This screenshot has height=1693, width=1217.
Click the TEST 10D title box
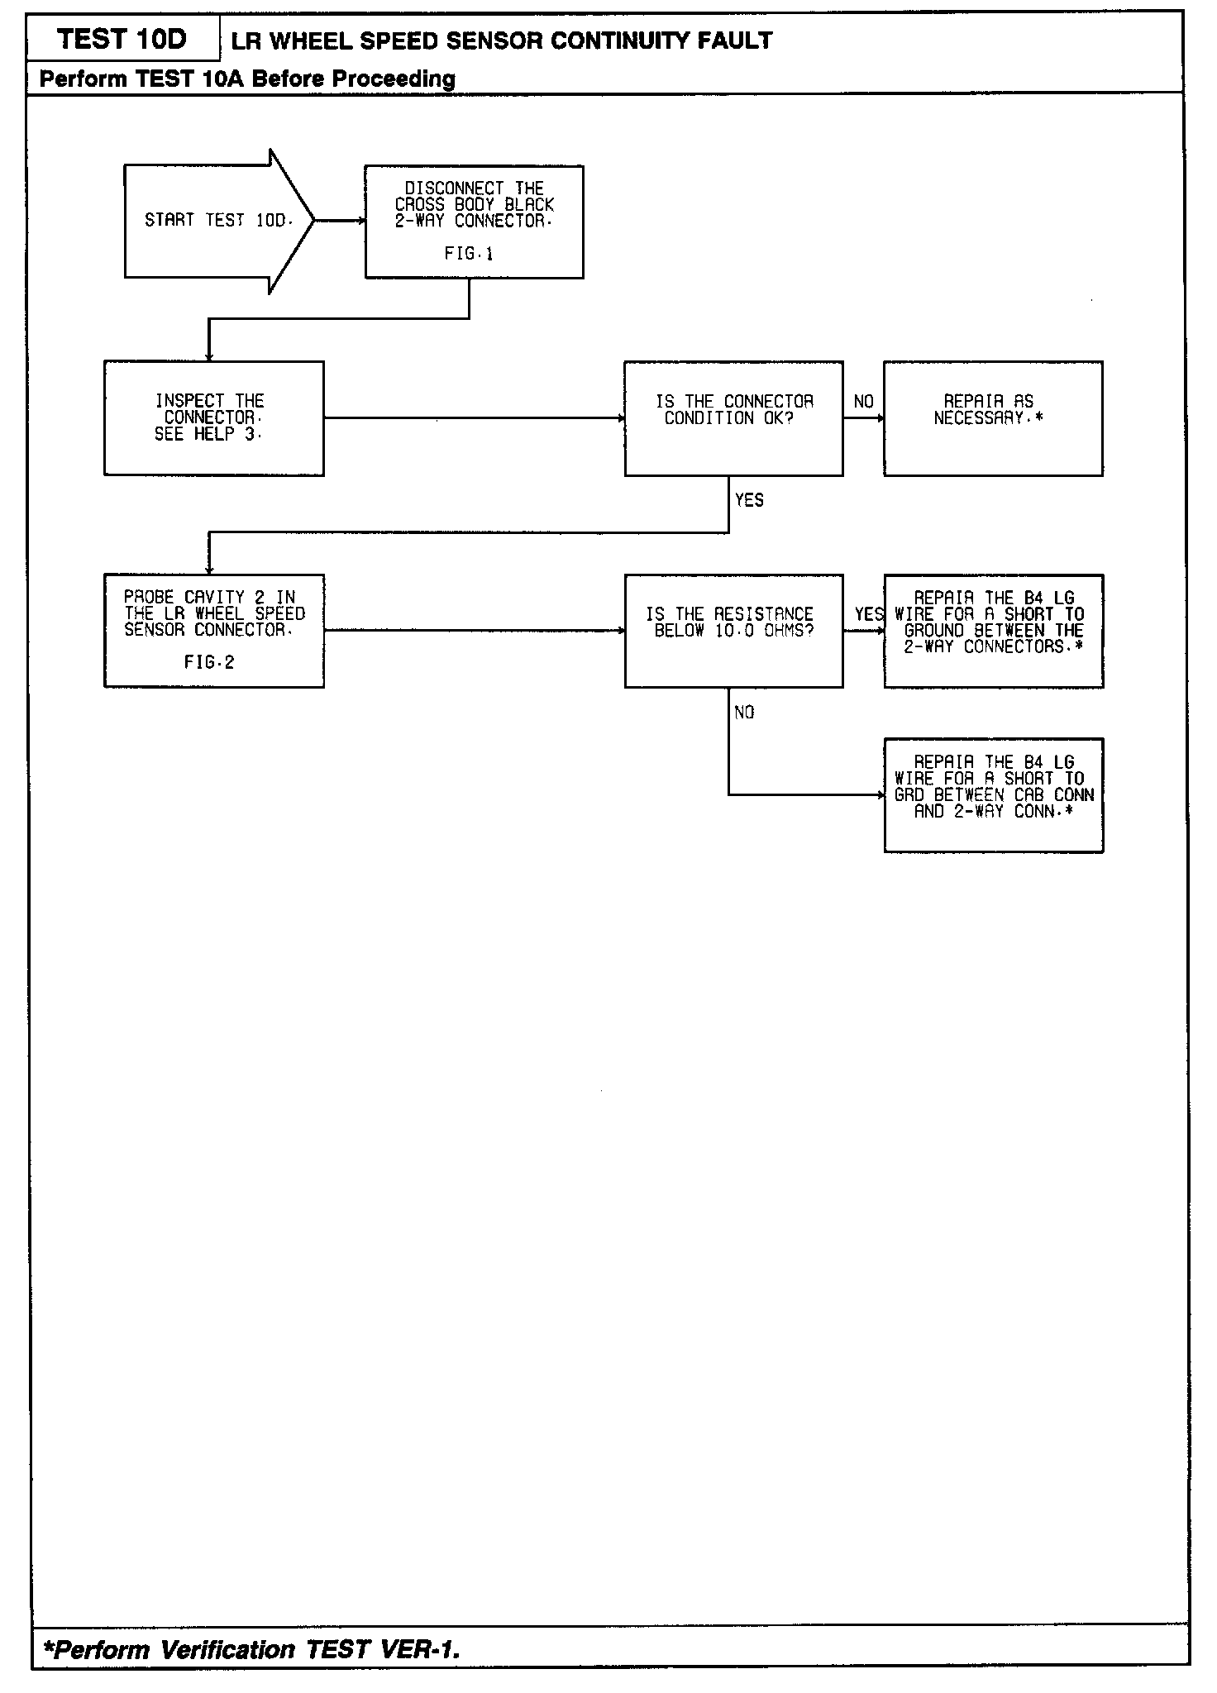(122, 40)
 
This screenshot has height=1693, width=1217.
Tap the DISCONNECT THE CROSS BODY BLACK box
(474, 221)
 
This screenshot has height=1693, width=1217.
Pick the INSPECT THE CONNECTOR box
(213, 417)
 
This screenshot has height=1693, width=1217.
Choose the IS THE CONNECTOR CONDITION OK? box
(733, 417)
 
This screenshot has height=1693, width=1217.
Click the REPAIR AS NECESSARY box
(992, 417)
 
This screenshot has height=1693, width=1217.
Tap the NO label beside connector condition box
(863, 402)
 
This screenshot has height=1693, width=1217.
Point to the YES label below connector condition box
(749, 500)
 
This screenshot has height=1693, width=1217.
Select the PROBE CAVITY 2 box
(213, 630)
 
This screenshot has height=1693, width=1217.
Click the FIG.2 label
(209, 662)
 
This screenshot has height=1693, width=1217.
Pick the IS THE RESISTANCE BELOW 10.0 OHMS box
(733, 630)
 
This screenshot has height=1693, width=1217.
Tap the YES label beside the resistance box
(868, 614)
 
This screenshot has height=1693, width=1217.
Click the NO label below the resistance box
(744, 713)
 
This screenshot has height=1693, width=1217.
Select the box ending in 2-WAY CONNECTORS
(993, 630)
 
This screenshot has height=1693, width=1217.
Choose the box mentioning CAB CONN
(993, 794)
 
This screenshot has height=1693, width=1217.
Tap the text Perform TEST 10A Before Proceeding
(247, 79)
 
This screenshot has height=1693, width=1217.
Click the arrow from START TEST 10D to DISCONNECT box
(340, 221)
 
